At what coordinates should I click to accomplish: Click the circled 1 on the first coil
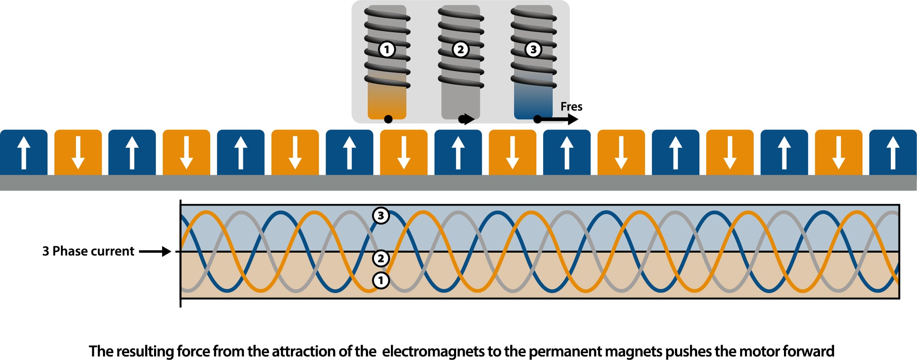tap(387, 49)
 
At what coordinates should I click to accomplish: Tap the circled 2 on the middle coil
tap(460, 49)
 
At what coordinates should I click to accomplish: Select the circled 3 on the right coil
tap(533, 49)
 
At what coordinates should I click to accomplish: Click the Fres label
tap(571, 106)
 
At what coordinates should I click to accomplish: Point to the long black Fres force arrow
tap(558, 119)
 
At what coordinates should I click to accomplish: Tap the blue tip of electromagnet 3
tap(533, 103)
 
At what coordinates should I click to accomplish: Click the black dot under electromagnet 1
tap(388, 119)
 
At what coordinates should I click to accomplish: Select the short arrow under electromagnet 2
tap(467, 119)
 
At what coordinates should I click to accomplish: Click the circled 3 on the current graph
tap(381, 215)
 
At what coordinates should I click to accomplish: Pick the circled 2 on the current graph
tap(381, 258)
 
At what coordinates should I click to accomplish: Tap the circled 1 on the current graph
tap(381, 281)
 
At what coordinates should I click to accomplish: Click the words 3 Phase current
tap(88, 251)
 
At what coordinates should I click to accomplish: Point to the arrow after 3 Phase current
tap(155, 251)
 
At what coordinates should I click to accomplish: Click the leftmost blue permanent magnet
tap(24, 152)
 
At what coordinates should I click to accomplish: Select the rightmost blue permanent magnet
tap(893, 152)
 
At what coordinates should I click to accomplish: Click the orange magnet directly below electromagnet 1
tap(403, 152)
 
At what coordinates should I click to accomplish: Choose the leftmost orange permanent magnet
tap(78, 152)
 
